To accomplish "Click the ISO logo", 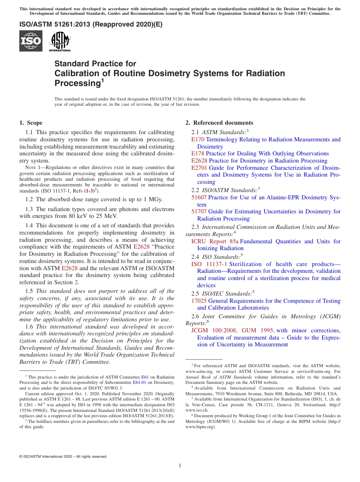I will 31,41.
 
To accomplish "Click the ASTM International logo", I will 59,41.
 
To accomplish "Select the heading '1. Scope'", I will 31,123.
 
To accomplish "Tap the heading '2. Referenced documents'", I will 219,123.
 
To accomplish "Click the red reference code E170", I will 198,139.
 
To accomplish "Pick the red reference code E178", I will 198,153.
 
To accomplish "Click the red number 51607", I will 199,197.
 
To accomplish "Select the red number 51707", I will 199,211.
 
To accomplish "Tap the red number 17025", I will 199,301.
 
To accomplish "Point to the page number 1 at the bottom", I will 180,466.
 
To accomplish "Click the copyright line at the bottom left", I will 63,457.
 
